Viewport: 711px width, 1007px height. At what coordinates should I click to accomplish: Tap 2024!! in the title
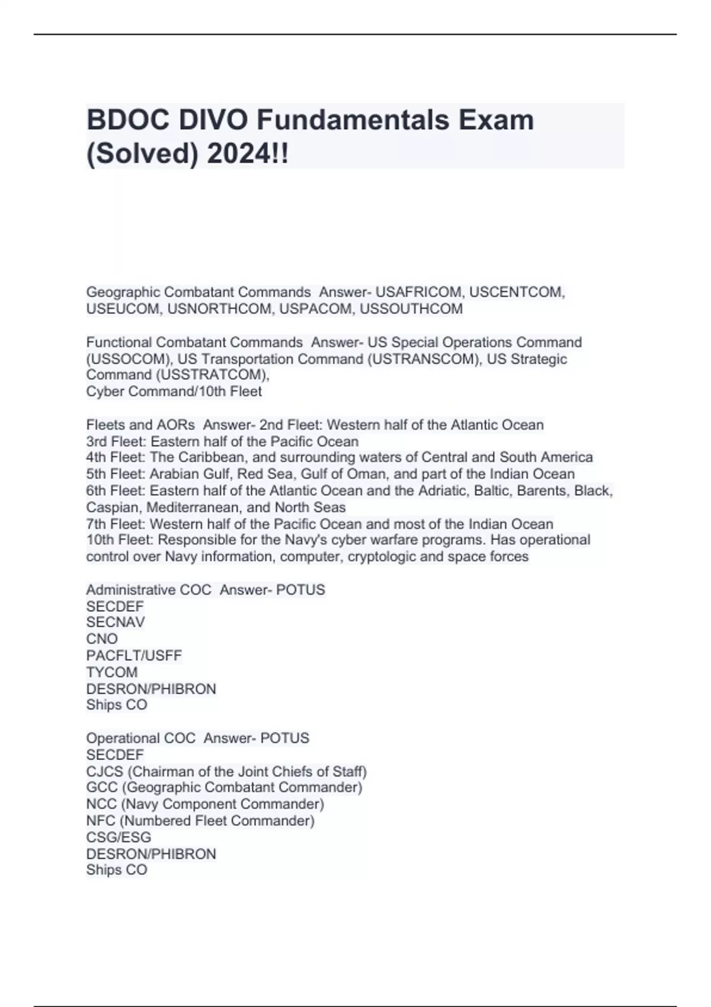coord(248,154)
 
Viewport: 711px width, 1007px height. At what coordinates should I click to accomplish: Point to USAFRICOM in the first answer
coord(418,292)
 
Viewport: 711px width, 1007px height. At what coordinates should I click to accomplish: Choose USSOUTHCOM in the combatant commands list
coord(411,309)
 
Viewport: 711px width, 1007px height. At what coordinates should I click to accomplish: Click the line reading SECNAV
coord(116,622)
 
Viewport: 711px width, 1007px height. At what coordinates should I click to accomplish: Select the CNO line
coord(102,639)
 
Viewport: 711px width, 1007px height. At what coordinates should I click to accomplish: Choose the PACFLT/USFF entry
coord(134,655)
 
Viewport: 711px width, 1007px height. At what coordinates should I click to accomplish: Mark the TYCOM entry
coord(112,672)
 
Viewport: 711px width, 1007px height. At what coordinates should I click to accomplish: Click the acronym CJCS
coord(105,771)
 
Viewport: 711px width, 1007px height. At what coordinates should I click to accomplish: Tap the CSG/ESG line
coord(118,837)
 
